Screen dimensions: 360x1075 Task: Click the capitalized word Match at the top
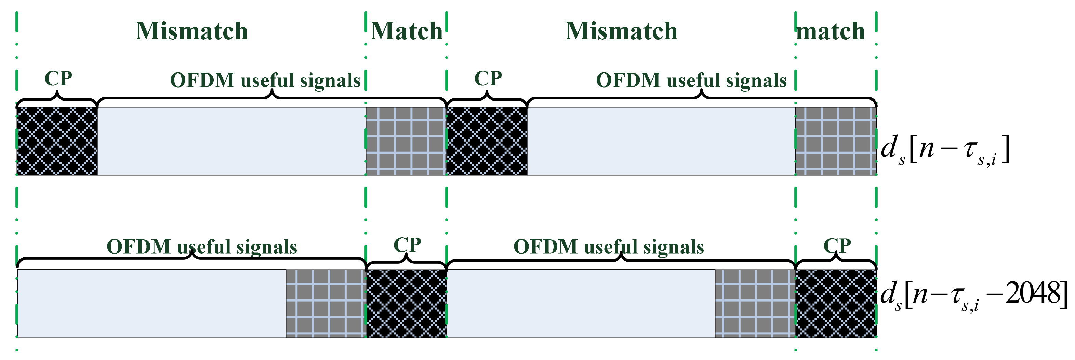406,31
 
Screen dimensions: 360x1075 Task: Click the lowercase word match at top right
831,32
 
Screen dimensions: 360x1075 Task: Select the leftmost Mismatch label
191,31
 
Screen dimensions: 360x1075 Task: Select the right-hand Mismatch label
621,31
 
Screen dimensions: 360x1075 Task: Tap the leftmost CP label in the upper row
58,78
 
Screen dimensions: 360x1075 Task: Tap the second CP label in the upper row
488,78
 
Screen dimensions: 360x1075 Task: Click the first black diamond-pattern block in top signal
57,141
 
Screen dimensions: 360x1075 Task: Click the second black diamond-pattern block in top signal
487,141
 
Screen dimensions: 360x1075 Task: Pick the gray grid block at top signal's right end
836,141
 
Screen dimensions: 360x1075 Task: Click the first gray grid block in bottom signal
326,304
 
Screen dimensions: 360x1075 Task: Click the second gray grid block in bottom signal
755,304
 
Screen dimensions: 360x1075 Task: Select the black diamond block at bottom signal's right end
836,304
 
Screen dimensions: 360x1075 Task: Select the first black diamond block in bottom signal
407,304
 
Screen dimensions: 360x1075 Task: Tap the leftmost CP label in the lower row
407,245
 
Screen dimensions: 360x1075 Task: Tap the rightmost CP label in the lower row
837,245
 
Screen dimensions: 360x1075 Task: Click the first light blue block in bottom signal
151,304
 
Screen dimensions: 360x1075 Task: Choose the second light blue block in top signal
661,141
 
